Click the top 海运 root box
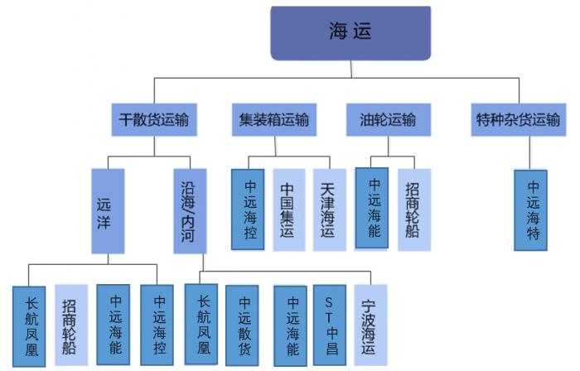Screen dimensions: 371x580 [x=350, y=33]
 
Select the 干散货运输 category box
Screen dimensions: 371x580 [x=154, y=120]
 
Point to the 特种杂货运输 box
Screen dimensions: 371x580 [x=518, y=120]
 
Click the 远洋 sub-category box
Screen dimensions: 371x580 [x=108, y=211]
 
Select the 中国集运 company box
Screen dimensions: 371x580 [x=288, y=210]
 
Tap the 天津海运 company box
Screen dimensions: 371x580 [x=329, y=210]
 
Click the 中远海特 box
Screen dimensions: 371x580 [x=532, y=210]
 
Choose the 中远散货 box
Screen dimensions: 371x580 [x=244, y=325]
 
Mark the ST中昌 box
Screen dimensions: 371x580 [x=329, y=325]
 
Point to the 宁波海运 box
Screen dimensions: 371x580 [x=370, y=325]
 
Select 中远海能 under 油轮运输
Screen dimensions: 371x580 [x=372, y=208]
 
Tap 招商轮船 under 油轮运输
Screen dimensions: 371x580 [x=413, y=210]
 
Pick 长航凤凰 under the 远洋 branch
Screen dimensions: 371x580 [x=30, y=325]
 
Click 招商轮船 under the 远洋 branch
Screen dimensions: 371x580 [x=71, y=325]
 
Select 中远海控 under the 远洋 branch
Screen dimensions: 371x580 [x=157, y=325]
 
